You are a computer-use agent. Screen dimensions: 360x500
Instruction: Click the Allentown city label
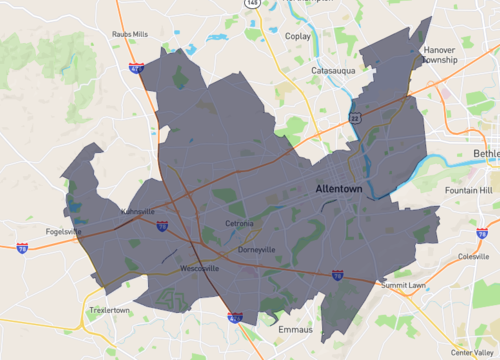[x=339, y=188]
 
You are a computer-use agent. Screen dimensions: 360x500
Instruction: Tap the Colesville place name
[x=473, y=255]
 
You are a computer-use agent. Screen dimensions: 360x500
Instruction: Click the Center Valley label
[x=471, y=352]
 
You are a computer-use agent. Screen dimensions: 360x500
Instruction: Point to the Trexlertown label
[x=110, y=311]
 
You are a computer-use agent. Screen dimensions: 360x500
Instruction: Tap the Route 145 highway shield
[x=250, y=3]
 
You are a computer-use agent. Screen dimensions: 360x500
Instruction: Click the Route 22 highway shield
[x=354, y=118]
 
